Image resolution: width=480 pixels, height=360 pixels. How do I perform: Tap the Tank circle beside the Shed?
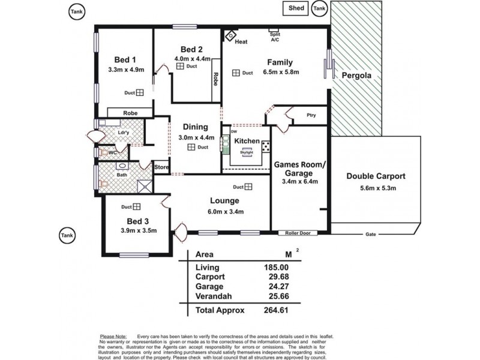pos(320,8)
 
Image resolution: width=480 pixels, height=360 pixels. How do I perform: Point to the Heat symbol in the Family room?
pos(230,35)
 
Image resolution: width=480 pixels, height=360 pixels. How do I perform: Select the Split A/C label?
pos(275,37)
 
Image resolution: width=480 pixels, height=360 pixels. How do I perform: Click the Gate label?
pos(371,233)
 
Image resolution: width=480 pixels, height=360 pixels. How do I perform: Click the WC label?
pos(112,154)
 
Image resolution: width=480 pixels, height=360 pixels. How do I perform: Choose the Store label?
pos(161,167)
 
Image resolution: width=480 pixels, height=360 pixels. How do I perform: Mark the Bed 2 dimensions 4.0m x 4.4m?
pos(191,59)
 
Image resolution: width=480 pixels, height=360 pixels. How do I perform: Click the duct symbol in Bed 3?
pos(137,207)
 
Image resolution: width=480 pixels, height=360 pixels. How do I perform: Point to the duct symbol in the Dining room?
pos(190,147)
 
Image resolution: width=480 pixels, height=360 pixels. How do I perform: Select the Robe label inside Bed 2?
pos(214,79)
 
